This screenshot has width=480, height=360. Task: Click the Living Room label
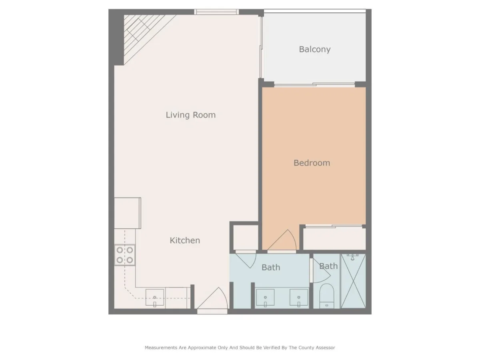(x=190, y=115)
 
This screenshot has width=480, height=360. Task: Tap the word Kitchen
(x=185, y=240)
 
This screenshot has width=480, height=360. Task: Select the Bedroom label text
(x=312, y=163)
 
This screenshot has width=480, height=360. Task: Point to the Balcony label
(x=314, y=49)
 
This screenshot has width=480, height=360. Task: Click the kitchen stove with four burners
(x=125, y=255)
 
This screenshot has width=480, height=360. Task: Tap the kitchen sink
(x=155, y=298)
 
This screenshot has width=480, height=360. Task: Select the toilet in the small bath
(x=327, y=296)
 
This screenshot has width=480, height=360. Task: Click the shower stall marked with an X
(x=353, y=281)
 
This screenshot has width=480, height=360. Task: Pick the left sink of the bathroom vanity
(x=265, y=298)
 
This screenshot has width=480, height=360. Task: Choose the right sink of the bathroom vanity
(x=299, y=298)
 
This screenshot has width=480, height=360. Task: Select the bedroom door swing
(x=282, y=240)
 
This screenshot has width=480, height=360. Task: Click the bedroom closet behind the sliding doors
(x=334, y=239)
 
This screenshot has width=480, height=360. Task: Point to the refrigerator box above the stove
(x=128, y=213)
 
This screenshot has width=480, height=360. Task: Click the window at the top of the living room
(x=216, y=12)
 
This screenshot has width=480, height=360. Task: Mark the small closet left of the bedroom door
(x=246, y=237)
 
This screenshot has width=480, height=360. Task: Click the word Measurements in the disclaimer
(x=161, y=348)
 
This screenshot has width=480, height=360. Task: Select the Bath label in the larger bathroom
(x=271, y=267)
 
